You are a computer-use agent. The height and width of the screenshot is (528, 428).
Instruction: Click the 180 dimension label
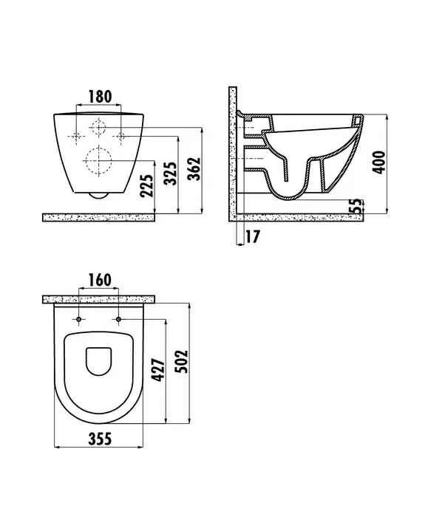point(100,97)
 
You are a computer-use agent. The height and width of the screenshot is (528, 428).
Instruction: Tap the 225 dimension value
point(146,185)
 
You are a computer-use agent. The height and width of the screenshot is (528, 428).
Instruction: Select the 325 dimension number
point(170,174)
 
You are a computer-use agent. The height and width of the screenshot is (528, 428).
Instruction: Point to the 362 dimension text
point(194,168)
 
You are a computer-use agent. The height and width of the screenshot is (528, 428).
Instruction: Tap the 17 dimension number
point(252,236)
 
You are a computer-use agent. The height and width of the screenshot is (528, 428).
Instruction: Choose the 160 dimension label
point(99,280)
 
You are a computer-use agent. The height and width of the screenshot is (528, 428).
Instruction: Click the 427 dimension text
point(159,371)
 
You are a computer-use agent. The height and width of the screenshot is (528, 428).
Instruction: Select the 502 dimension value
point(183,361)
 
